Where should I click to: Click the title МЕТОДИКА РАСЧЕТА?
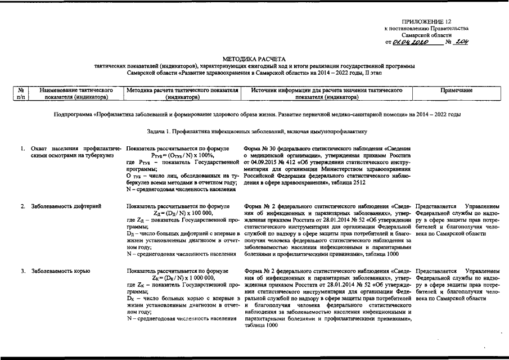point(254,58)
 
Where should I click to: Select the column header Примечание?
point(457,90)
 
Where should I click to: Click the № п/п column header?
point(20,93)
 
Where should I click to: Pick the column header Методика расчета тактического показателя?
point(183,93)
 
